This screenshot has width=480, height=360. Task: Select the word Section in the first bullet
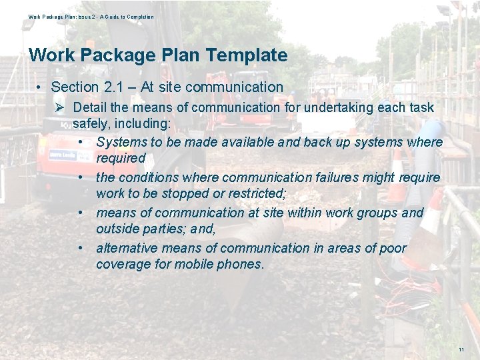[x=74, y=87]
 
